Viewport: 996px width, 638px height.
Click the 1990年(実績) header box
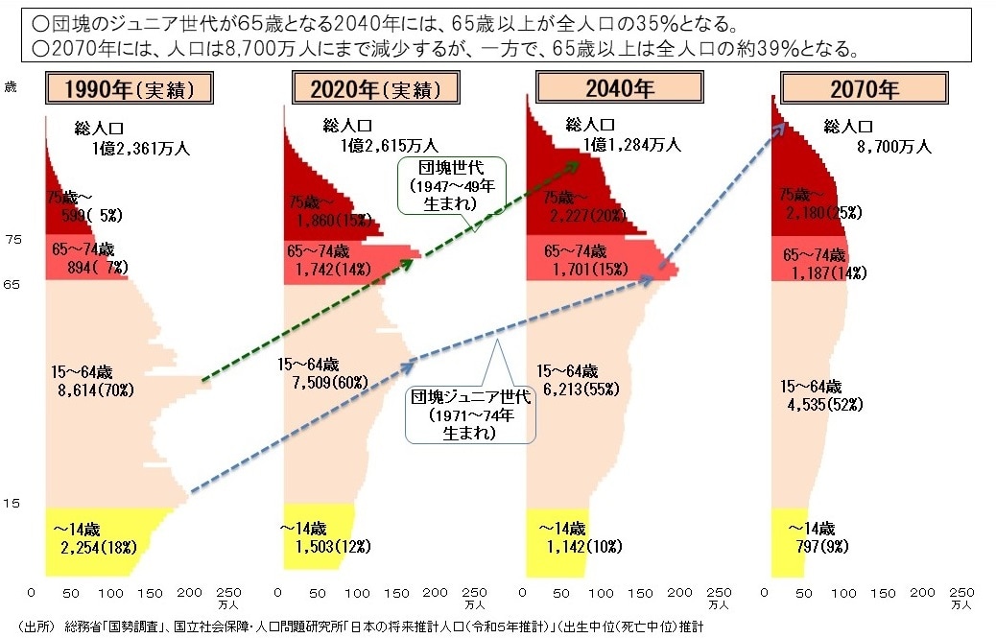[129, 90]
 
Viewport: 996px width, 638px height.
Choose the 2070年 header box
[863, 90]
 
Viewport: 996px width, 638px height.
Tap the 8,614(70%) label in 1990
[94, 390]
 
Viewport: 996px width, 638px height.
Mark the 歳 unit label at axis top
[12, 87]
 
